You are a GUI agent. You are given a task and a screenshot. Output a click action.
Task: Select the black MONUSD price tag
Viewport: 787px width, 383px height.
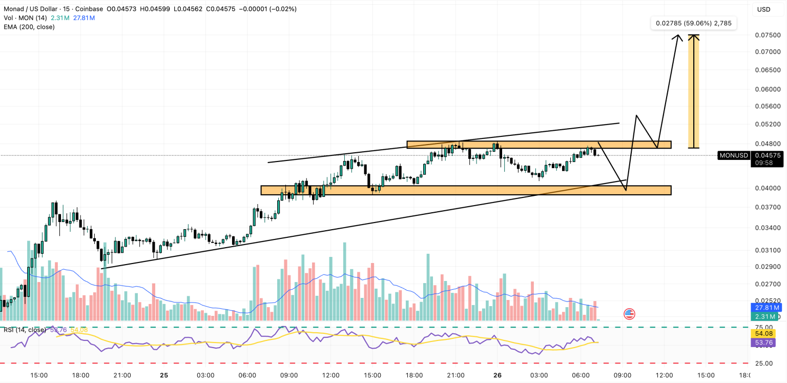click(734, 155)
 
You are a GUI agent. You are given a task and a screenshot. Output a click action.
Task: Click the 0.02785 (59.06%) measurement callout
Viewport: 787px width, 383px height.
click(693, 23)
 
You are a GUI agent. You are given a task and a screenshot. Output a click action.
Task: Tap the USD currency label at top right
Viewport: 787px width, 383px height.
click(763, 9)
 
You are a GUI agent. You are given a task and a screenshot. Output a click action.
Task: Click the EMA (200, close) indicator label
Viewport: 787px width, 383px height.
click(29, 27)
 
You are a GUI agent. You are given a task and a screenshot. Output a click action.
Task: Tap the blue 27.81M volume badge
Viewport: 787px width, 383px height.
click(767, 308)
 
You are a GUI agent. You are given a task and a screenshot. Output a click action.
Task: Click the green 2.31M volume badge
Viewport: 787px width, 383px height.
click(767, 317)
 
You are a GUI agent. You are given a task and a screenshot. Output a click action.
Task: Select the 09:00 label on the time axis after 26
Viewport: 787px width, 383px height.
click(623, 375)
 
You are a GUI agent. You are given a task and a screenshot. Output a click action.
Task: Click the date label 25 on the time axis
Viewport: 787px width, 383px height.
click(164, 375)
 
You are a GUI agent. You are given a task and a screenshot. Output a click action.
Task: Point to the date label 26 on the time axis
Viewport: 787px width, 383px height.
click(498, 375)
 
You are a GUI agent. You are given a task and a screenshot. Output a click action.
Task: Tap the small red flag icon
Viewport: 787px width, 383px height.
click(629, 314)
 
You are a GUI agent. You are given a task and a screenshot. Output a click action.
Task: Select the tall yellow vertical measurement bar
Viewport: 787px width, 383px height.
click(694, 91)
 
